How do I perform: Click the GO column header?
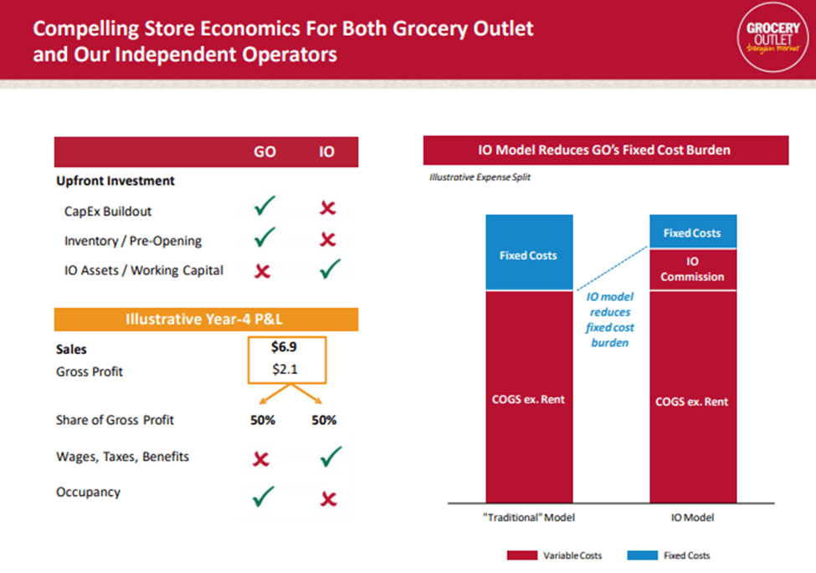[x=264, y=153]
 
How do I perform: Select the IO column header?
[x=327, y=153]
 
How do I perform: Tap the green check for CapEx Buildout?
[x=264, y=207]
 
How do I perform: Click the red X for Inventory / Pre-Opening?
[x=327, y=240]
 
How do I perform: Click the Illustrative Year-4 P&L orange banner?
[x=206, y=319]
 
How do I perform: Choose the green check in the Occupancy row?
[x=264, y=498]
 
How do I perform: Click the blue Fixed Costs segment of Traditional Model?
[x=528, y=253]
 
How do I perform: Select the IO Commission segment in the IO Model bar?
[x=692, y=269]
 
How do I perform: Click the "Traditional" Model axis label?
[x=528, y=519]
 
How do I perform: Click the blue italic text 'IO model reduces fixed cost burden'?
[x=609, y=320]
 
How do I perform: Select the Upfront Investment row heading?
[x=115, y=181]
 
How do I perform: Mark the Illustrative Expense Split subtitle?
[x=480, y=177]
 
